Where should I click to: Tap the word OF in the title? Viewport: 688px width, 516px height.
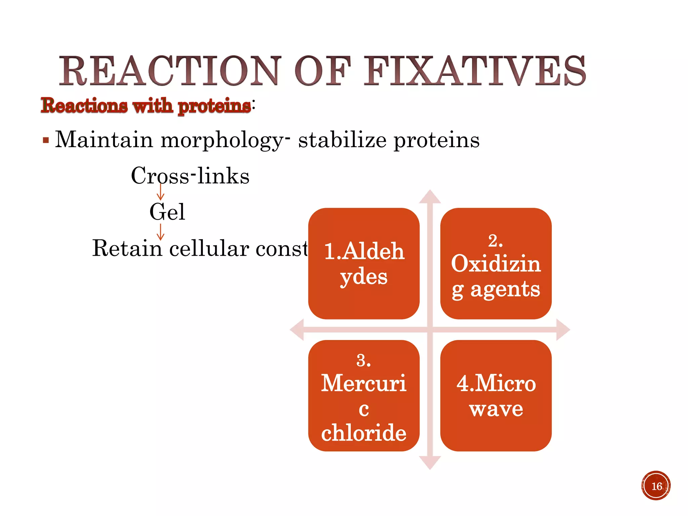[x=322, y=71]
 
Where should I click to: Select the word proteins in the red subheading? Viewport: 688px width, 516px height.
[x=214, y=106]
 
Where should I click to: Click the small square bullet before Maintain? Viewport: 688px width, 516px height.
[x=46, y=140]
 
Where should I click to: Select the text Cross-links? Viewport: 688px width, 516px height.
[x=190, y=176]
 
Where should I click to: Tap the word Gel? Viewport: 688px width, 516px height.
[x=167, y=212]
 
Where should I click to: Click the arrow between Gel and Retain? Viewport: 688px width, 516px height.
[x=161, y=232]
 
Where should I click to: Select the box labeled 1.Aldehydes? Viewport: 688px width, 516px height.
[x=364, y=264]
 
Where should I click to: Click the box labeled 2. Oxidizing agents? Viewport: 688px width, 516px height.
[x=496, y=264]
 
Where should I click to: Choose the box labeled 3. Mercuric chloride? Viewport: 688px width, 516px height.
[x=364, y=396]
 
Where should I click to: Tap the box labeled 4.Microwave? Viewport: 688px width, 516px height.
[x=496, y=396]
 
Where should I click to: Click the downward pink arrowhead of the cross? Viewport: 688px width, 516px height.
[x=430, y=463]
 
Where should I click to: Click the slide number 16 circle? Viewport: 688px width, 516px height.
[x=656, y=486]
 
